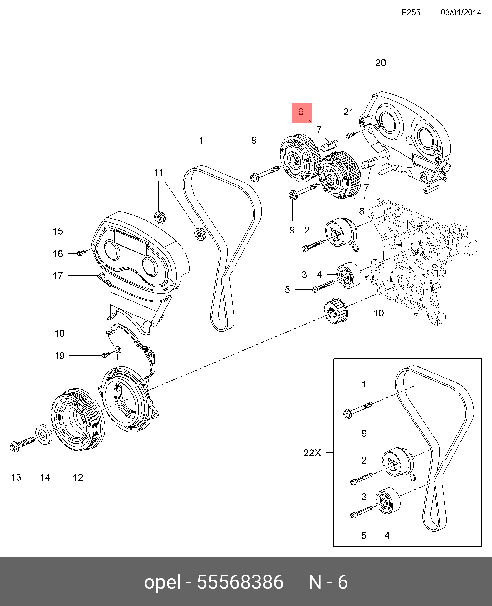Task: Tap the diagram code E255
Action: click(411, 12)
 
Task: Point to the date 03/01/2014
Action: click(461, 12)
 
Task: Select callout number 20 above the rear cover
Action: click(380, 63)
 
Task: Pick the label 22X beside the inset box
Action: click(312, 453)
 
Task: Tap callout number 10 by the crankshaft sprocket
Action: click(379, 313)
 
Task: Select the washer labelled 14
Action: click(44, 434)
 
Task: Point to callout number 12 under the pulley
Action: click(78, 478)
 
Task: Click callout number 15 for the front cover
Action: click(58, 231)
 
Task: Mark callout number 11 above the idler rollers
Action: click(158, 172)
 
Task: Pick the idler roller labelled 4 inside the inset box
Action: click(387, 501)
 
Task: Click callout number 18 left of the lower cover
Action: click(60, 333)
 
